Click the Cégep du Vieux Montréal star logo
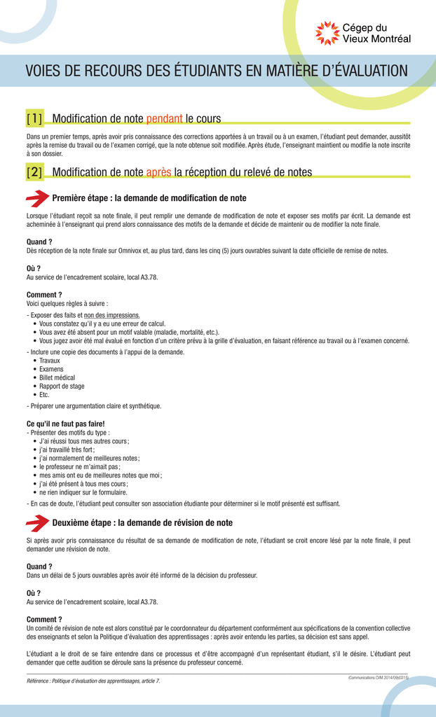[327, 34]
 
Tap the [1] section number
[34, 118]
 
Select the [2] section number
[34, 172]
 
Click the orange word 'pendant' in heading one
[164, 118]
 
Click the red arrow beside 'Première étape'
[37, 198]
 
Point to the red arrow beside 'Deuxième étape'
[37, 523]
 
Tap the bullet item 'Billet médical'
[57, 377]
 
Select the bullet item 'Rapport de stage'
[62, 386]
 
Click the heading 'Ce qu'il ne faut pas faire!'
[65, 424]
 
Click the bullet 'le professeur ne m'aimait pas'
[79, 466]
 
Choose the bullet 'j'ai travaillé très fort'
[67, 450]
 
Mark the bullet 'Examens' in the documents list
[51, 369]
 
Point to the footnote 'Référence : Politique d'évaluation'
[93, 681]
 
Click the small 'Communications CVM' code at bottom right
[378, 677]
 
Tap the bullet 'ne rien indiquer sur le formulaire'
[83, 492]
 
